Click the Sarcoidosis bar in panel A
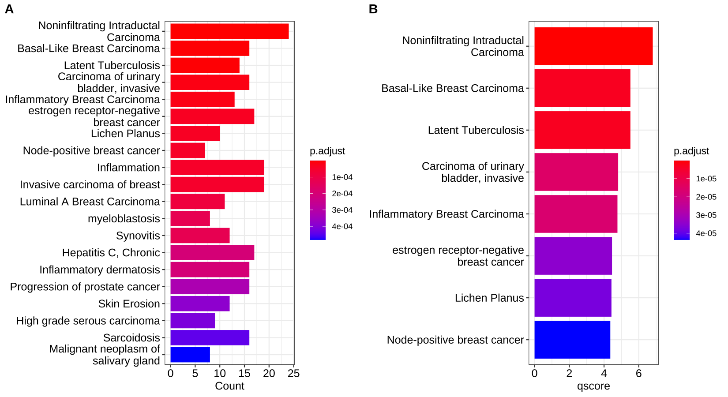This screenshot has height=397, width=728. click(210, 338)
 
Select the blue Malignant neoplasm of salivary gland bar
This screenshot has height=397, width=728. click(190, 355)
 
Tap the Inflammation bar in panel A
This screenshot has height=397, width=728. click(217, 168)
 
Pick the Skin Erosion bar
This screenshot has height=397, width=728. click(200, 304)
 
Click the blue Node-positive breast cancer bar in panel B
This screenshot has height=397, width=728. click(572, 340)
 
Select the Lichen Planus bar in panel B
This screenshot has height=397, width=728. click(573, 298)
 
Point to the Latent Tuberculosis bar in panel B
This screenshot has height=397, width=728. click(582, 130)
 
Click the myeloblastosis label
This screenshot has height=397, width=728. click(124, 219)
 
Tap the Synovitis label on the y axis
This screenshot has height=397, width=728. click(138, 236)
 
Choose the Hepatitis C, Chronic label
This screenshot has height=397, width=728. click(111, 253)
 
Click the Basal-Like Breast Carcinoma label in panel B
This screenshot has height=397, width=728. click(452, 88)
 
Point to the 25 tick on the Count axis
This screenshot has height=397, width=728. click(293, 374)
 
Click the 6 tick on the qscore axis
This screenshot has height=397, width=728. click(638, 374)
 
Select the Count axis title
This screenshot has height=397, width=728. click(229, 386)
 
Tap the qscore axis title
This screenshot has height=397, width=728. click(593, 386)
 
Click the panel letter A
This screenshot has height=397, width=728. click(9, 9)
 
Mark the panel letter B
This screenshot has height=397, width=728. click(373, 9)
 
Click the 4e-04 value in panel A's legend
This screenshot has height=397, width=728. click(342, 227)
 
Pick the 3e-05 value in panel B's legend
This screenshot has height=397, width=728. click(706, 215)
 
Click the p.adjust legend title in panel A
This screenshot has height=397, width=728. click(327, 151)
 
